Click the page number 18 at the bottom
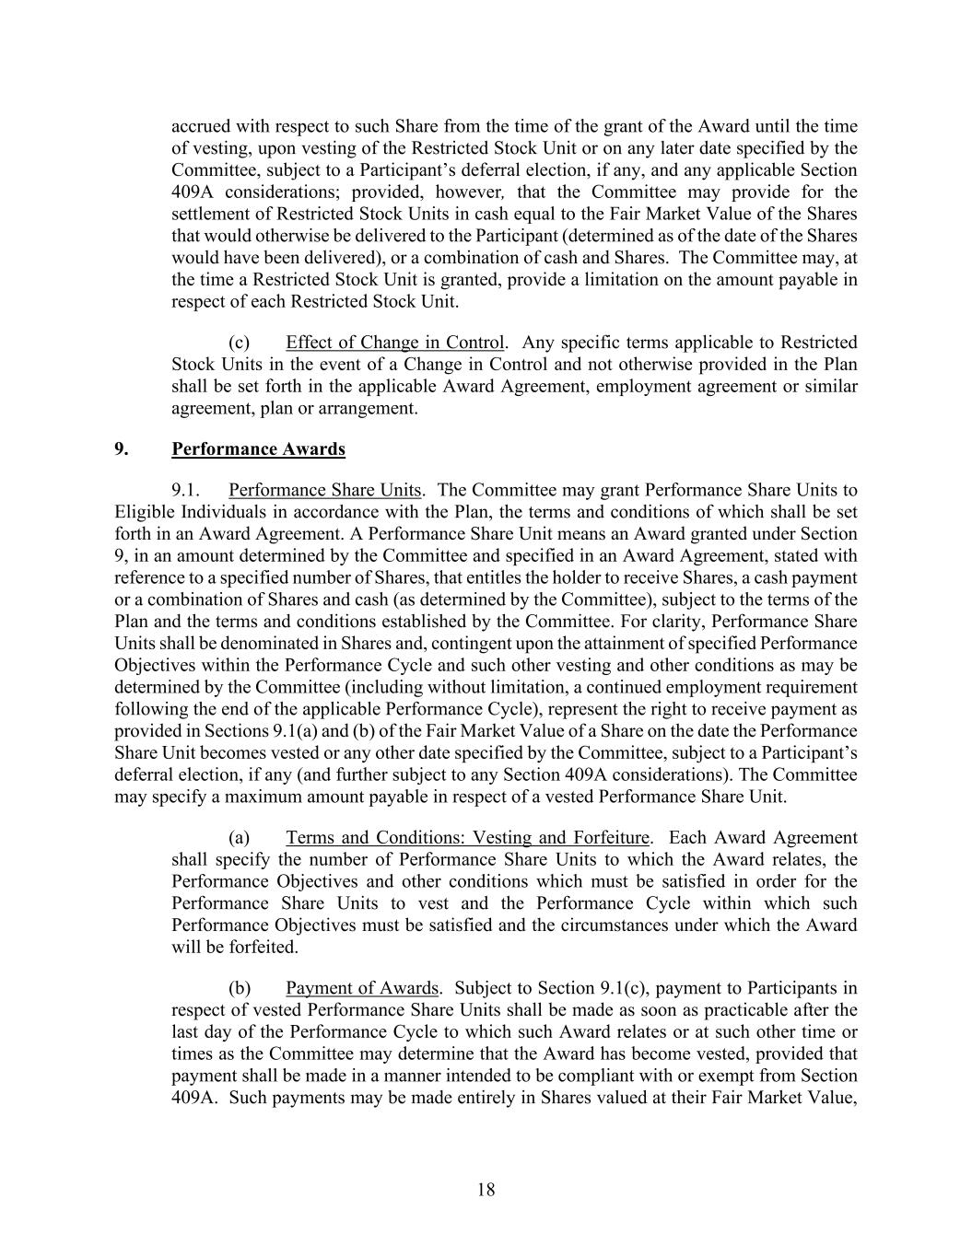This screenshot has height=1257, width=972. pyautogui.click(x=486, y=1190)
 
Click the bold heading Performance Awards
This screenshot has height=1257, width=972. pyautogui.click(x=258, y=449)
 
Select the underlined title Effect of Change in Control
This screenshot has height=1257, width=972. pyautogui.click(x=395, y=343)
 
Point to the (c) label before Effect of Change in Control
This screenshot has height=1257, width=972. pyautogui.click(x=240, y=343)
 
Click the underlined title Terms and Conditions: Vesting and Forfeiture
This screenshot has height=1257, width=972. pyautogui.click(x=468, y=838)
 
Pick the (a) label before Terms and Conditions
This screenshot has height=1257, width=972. pyautogui.click(x=240, y=838)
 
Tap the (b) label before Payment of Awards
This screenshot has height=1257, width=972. pyautogui.click(x=240, y=988)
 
